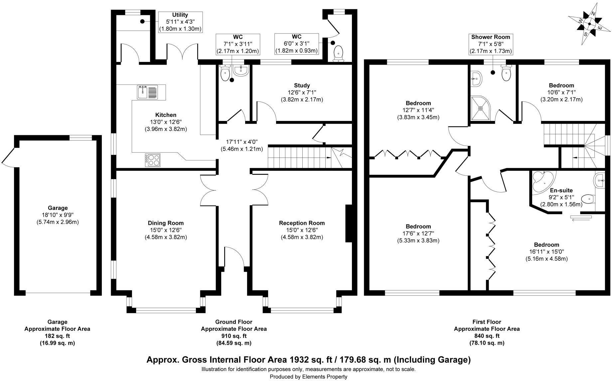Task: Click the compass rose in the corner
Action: tap(589, 23)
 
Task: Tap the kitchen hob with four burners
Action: tap(153, 160)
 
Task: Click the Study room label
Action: tap(302, 86)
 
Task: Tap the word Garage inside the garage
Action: tap(58, 208)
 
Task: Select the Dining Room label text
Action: tap(166, 223)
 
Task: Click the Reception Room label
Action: tap(302, 223)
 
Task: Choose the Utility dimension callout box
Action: tap(180, 22)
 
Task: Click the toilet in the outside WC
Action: tap(339, 53)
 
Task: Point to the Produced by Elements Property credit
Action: tap(308, 377)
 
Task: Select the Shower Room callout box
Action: tap(491, 44)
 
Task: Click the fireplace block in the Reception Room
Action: tap(349, 223)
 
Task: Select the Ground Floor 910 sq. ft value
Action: tap(234, 336)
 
